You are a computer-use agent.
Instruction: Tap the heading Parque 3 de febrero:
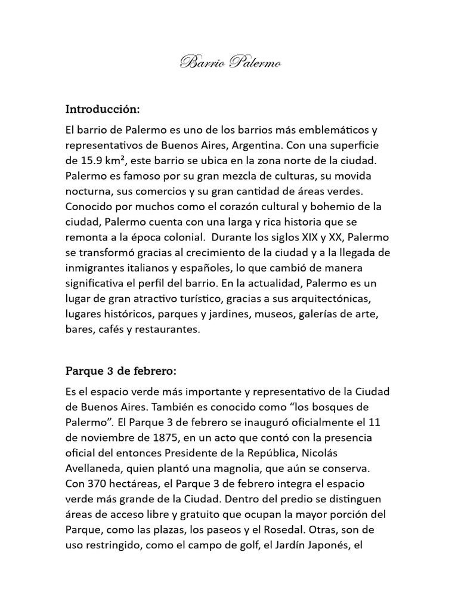click(120, 371)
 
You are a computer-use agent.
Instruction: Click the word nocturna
click(88, 192)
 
